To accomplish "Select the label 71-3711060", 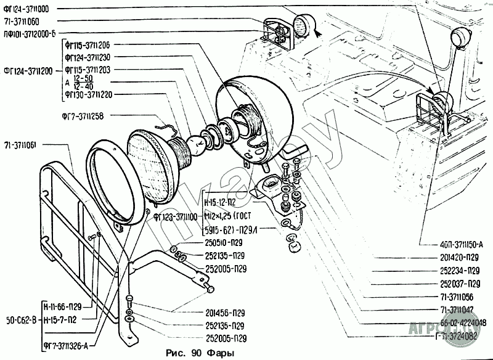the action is [22, 20].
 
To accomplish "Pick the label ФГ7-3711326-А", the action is [66, 346].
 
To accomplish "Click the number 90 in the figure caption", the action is [196, 353].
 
